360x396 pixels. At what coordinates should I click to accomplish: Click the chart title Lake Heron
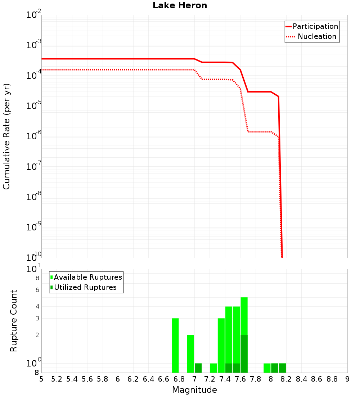coord(180,5)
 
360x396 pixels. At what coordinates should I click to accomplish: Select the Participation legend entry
coord(315,26)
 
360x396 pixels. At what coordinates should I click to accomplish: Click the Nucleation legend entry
coord(317,36)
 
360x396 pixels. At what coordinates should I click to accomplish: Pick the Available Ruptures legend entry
coord(88,277)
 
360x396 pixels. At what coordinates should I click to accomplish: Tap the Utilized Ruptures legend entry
coord(85,287)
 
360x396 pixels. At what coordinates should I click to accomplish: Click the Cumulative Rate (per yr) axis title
coord(6,136)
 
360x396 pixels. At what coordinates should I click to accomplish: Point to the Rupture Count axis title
coord(14,321)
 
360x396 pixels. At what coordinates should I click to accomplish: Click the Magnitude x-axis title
coord(194,390)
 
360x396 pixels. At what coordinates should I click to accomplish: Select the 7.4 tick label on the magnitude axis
coord(225,379)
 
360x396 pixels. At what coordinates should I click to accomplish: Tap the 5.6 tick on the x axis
coord(87,379)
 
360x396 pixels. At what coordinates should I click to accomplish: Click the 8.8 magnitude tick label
coord(332,379)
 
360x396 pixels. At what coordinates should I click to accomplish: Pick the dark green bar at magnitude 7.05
coord(198,368)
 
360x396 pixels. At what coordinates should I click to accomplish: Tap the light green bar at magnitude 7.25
coord(213,368)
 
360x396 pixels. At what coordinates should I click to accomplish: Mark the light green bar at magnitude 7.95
coord(267,368)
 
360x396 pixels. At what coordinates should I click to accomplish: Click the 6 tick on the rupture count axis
coord(37,289)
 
